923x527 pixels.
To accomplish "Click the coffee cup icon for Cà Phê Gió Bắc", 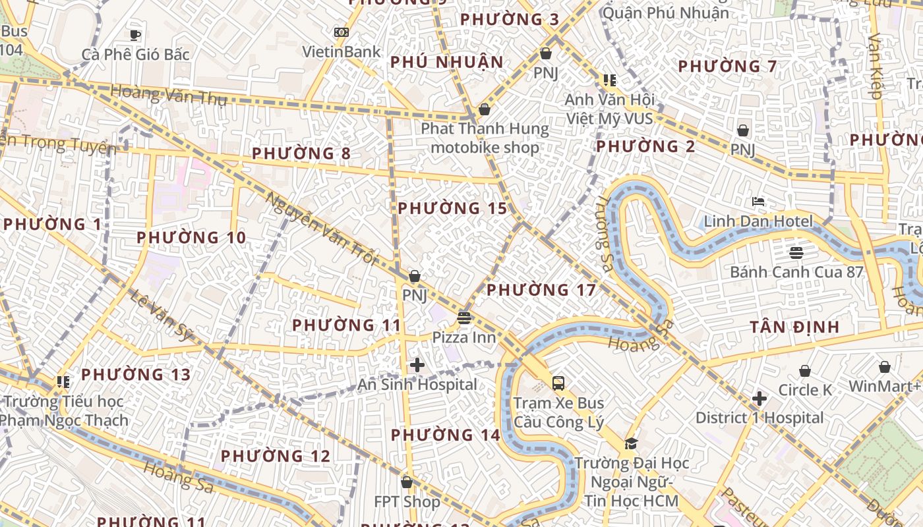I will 135,35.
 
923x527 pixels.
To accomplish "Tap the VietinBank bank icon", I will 341,32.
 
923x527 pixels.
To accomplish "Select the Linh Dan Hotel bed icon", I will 758,202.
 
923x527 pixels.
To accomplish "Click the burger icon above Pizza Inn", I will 464,318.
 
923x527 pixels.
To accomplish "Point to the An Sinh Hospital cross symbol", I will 417,365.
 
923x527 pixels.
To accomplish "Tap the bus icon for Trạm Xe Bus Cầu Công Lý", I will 558,383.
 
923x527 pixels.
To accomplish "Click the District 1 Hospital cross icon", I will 759,399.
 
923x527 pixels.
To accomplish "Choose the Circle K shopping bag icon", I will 804,371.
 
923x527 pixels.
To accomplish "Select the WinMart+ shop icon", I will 884,367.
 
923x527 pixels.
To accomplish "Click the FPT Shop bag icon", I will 407,482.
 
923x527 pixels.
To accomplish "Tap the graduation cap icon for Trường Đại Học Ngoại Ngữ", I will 631,443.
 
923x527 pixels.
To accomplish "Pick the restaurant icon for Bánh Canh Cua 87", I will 796,252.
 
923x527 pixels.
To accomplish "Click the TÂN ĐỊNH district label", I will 794,327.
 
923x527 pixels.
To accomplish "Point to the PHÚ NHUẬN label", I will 446,62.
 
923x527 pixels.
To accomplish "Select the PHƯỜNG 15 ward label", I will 452,208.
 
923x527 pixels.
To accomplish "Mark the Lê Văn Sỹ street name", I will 162,316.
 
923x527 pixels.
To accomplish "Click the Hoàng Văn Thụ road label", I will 169,96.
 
